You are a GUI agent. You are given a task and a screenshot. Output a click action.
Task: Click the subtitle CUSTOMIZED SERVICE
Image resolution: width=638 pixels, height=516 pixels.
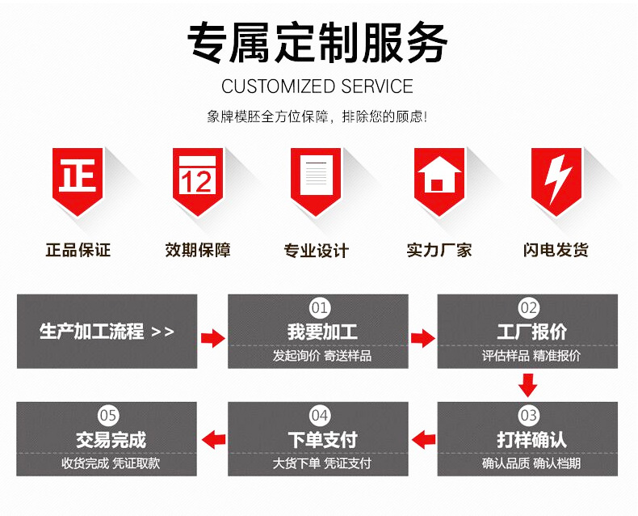(x=317, y=87)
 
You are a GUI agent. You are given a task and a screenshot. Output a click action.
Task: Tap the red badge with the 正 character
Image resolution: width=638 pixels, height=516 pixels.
(x=78, y=177)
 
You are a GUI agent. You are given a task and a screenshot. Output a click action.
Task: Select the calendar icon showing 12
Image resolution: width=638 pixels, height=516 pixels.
(x=197, y=177)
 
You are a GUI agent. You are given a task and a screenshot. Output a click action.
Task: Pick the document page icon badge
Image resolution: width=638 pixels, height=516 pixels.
(x=317, y=177)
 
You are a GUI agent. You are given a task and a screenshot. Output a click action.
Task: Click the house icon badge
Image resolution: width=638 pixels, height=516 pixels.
(x=438, y=177)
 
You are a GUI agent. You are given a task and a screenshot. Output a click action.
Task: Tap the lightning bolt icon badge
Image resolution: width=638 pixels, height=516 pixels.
(x=556, y=177)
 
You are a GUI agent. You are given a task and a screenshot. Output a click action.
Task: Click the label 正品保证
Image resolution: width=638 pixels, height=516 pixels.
(x=78, y=250)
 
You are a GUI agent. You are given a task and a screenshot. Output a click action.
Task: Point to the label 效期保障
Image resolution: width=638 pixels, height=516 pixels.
(x=198, y=250)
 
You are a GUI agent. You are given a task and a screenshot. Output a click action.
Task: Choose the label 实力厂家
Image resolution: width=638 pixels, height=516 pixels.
(x=438, y=250)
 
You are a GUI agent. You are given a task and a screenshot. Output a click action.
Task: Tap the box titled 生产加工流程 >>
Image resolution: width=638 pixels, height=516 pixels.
(x=107, y=331)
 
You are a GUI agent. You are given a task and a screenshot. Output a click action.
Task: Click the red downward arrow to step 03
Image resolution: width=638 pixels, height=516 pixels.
(x=528, y=385)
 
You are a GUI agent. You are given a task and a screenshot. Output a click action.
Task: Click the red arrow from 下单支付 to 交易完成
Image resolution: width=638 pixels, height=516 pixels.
(x=212, y=439)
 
